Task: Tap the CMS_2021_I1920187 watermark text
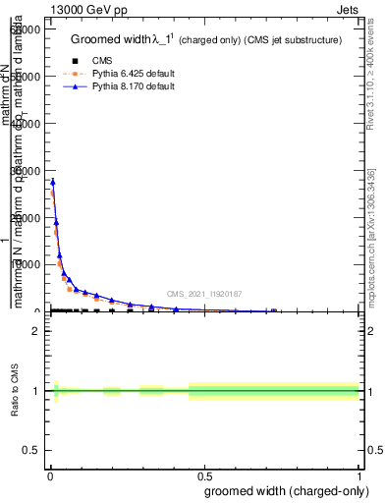coord(203,293)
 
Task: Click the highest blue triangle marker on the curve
coord(53,182)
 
